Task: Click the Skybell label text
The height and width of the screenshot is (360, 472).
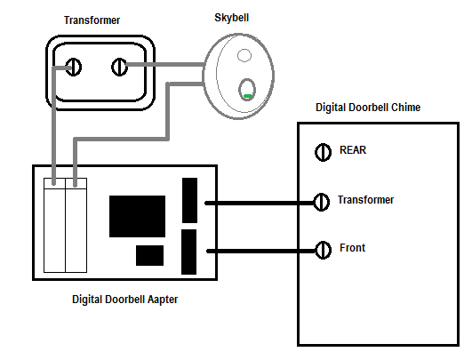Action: [231, 18]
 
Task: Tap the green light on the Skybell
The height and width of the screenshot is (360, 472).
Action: [248, 96]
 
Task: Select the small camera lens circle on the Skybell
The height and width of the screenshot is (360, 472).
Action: [244, 55]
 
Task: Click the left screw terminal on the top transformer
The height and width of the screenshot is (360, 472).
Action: [74, 68]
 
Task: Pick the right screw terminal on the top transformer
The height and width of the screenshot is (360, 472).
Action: [119, 68]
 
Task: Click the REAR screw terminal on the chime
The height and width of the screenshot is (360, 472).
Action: [323, 152]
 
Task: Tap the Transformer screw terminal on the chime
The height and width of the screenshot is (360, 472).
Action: [321, 202]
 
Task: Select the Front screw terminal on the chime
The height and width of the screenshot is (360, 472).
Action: [323, 250]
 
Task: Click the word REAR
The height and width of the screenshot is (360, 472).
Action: [353, 150]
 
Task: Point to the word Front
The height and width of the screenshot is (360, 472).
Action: [352, 248]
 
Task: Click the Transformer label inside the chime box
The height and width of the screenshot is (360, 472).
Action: [365, 200]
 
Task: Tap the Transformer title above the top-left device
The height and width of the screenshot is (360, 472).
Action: [92, 20]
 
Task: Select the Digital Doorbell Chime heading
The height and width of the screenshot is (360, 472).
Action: [368, 108]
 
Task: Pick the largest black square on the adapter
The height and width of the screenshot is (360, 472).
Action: [137, 216]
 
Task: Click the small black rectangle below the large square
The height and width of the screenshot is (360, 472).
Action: [149, 255]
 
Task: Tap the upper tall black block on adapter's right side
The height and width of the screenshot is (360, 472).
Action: [189, 201]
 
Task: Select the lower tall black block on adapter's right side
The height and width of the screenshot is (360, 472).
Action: [188, 252]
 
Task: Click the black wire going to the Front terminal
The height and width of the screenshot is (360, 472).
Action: [261, 251]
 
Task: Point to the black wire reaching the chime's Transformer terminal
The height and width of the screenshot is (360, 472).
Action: [260, 204]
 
